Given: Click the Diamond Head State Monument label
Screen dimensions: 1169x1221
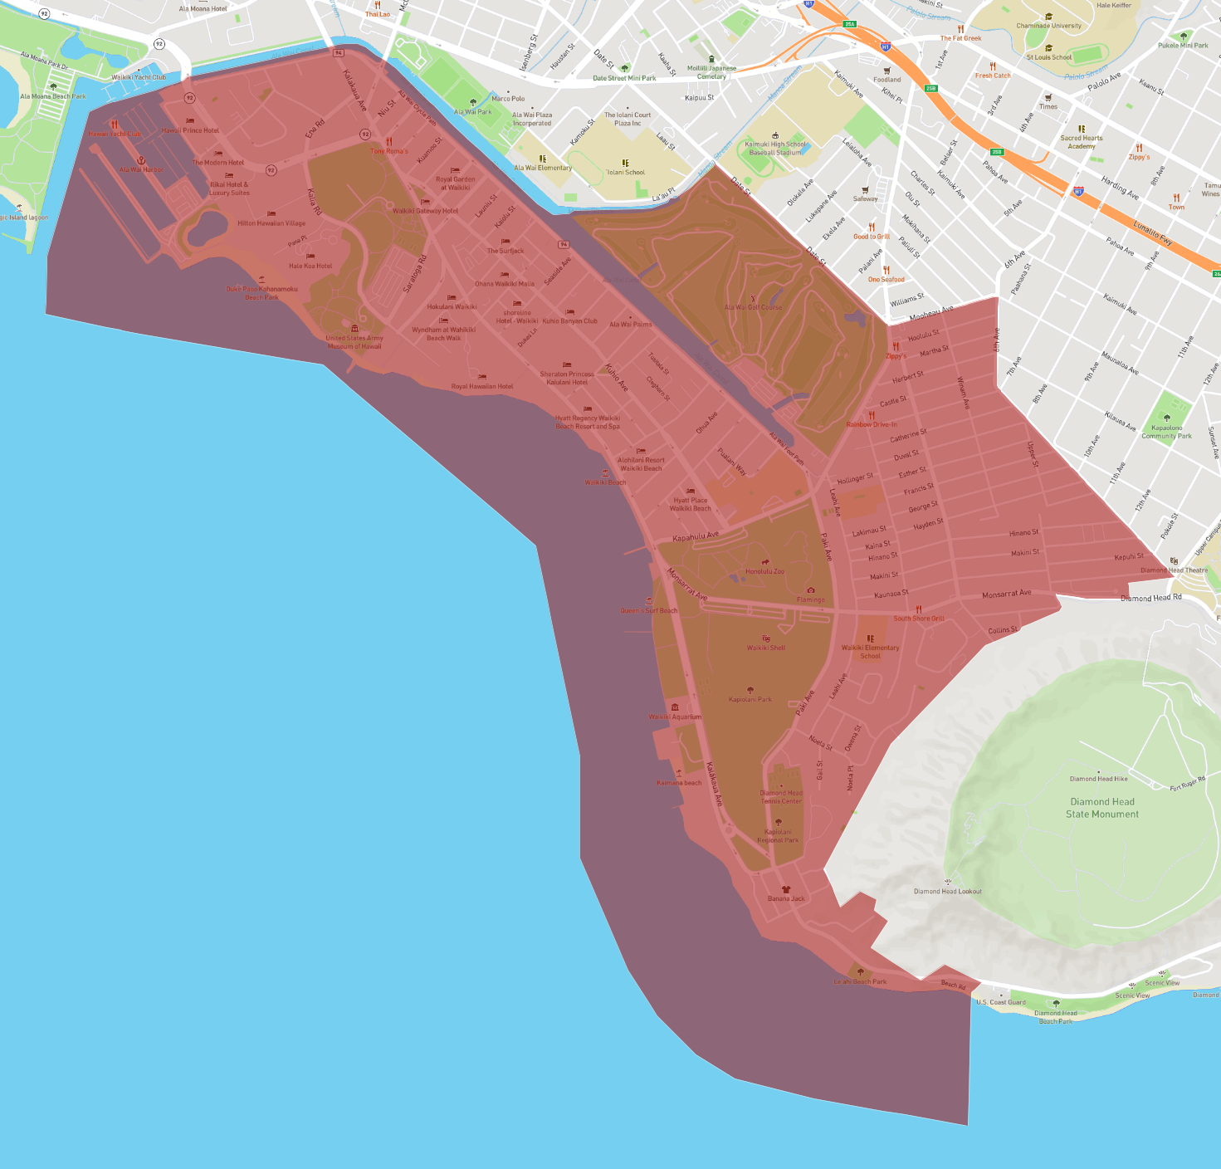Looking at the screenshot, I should click(1102, 808).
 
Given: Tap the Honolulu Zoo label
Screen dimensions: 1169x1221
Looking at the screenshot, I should click(764, 571).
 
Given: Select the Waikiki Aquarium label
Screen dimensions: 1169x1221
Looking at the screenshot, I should click(675, 717).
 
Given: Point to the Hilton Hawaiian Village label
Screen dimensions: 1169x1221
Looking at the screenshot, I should click(271, 223).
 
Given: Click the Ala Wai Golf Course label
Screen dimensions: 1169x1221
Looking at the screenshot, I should click(753, 307).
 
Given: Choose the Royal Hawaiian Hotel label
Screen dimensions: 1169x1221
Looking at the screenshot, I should click(482, 386).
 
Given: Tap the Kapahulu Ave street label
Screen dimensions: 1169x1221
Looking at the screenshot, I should click(696, 536).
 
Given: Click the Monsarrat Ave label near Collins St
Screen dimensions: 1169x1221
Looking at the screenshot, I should click(1006, 594).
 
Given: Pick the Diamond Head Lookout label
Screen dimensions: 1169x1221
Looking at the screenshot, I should click(947, 891).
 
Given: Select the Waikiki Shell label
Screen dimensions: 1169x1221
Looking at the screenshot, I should click(765, 648).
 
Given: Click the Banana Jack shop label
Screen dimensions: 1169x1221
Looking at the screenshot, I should click(786, 898).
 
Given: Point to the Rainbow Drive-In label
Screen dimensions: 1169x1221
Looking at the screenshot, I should click(872, 424).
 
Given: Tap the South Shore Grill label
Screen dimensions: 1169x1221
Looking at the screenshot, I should click(919, 618).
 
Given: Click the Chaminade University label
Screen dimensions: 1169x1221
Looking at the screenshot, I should click(1048, 25).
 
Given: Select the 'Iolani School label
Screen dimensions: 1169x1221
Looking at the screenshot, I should click(626, 172).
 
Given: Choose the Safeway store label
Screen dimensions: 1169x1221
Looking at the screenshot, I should click(865, 198).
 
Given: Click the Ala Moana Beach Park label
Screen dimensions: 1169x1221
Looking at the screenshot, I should click(53, 96).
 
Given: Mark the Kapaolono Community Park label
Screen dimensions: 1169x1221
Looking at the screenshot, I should click(1166, 432).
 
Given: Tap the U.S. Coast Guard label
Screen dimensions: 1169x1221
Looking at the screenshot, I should click(1001, 1002).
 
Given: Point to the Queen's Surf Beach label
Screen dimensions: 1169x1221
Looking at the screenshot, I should click(648, 610).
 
